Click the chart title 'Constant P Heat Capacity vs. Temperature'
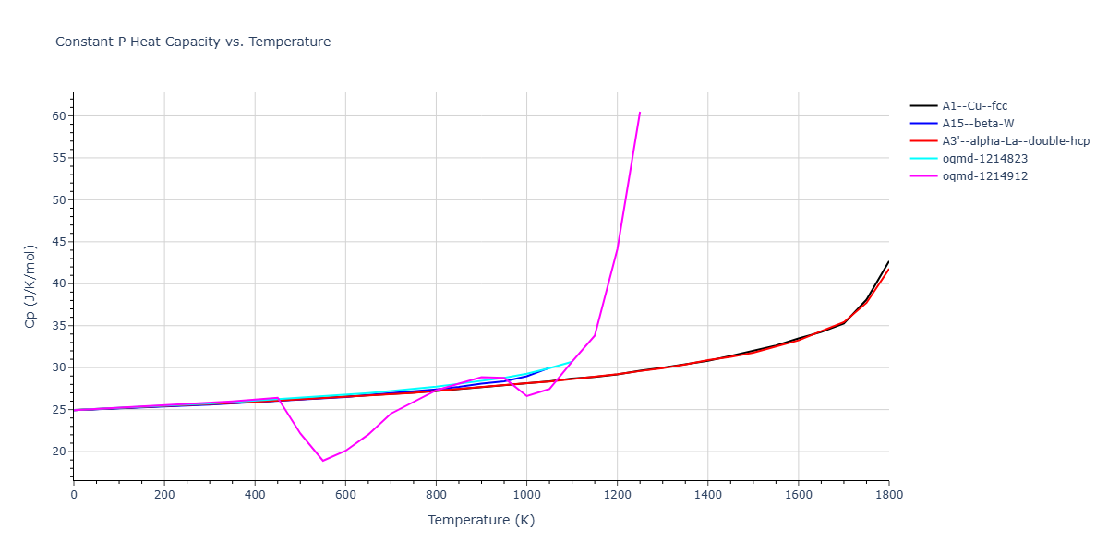[x=193, y=42]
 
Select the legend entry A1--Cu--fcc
[x=969, y=106]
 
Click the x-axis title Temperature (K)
[x=481, y=520]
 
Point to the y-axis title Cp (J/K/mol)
[x=30, y=286]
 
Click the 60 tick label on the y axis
[x=59, y=116]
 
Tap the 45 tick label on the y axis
[x=59, y=242]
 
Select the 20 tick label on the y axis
[x=59, y=452]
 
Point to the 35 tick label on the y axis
[x=59, y=326]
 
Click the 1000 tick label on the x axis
[x=526, y=495]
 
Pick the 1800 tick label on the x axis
[x=888, y=495]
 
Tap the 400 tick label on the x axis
[x=255, y=495]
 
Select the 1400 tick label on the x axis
[x=707, y=495]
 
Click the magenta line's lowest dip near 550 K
[x=323, y=461]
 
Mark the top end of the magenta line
[x=640, y=113]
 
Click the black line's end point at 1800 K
[x=888, y=261]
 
